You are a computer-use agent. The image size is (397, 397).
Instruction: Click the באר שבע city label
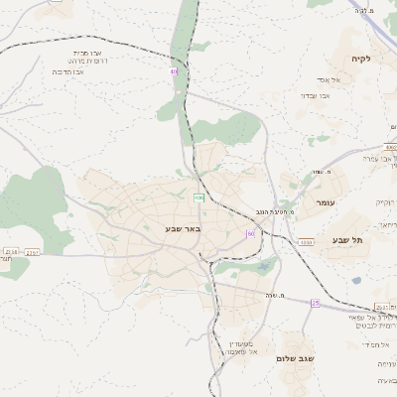[x=183, y=228]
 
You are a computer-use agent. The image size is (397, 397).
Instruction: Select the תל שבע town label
[x=348, y=240]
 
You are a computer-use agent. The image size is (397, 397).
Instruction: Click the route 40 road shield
[x=175, y=71]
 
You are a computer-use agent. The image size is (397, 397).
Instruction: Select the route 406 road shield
[x=198, y=197]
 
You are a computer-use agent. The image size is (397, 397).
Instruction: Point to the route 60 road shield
[x=251, y=233]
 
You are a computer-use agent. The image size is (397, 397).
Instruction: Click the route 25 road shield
[x=315, y=302]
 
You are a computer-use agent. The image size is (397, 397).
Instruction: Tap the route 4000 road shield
[x=389, y=147]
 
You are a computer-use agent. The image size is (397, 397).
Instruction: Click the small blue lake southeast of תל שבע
[x=355, y=280]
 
